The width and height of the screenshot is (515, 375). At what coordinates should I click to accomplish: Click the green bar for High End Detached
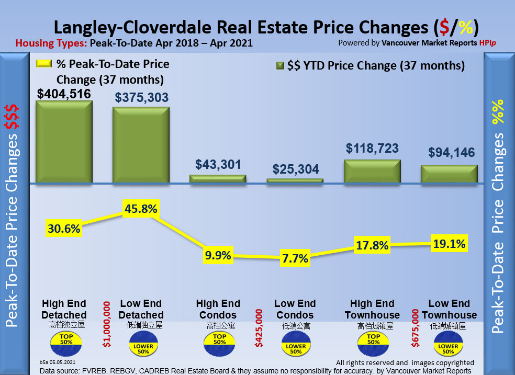click(x=64, y=142)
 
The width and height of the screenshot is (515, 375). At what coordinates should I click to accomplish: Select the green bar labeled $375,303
click(x=141, y=145)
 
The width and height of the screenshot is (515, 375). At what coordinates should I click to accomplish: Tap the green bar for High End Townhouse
click(x=372, y=172)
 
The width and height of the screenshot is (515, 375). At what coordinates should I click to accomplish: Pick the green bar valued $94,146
click(x=449, y=174)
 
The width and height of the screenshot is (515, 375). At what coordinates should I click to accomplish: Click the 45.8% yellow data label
click(x=141, y=209)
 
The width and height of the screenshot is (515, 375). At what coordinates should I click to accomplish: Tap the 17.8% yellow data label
click(x=372, y=245)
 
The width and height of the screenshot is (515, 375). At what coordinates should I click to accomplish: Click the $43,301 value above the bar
click(x=218, y=164)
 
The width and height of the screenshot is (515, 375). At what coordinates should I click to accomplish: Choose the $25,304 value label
click(x=296, y=169)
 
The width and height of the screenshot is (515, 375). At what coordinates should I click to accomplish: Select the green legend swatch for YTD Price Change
click(x=279, y=66)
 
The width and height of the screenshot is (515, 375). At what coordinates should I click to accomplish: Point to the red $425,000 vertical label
click(x=259, y=327)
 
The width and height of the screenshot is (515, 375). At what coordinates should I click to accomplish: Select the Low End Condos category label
click(x=295, y=309)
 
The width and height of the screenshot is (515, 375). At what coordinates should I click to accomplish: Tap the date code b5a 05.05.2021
click(x=60, y=361)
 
